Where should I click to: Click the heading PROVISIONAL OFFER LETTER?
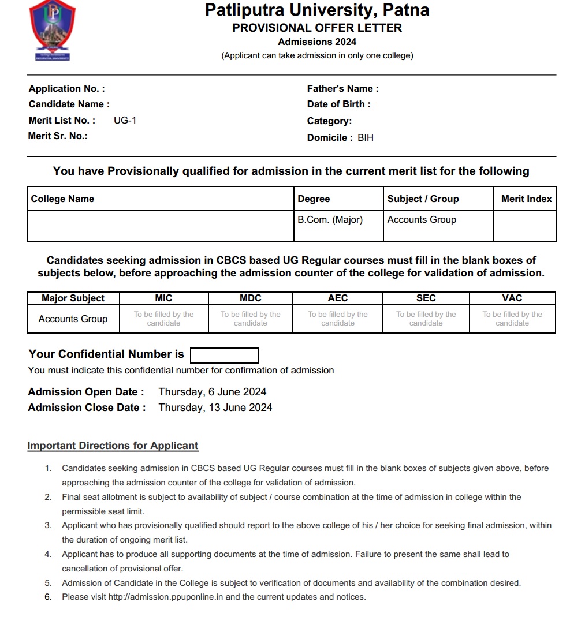tap(317, 28)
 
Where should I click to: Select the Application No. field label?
tap(67, 88)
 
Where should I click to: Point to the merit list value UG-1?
tap(125, 120)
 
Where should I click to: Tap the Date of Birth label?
tap(338, 104)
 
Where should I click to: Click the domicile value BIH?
tap(366, 137)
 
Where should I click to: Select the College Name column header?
tap(62, 199)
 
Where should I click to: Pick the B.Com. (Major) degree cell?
tap(330, 219)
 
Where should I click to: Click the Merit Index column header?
tap(526, 199)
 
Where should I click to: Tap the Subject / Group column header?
tap(423, 199)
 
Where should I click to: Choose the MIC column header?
tap(164, 298)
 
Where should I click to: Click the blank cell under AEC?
tap(338, 319)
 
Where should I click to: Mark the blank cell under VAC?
tap(512, 319)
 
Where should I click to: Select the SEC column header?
tap(426, 298)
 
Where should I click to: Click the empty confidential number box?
tap(224, 355)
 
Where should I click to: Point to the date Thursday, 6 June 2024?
tap(213, 392)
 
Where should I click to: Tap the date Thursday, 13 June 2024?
tap(215, 407)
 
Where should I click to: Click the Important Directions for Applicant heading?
tap(113, 446)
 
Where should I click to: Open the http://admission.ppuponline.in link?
tap(166, 597)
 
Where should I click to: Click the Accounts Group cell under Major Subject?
tap(73, 319)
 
